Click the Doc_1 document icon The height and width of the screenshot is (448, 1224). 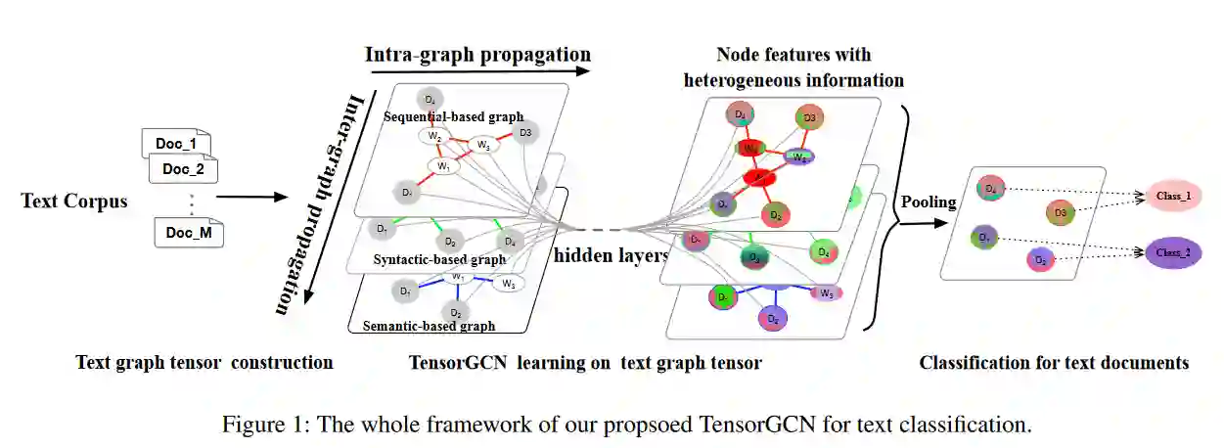click(x=175, y=144)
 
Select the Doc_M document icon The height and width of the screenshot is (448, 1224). click(x=189, y=234)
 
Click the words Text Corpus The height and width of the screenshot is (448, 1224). click(x=74, y=202)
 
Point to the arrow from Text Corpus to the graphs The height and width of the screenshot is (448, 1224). click(x=252, y=198)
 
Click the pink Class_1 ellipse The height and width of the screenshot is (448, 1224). click(x=1173, y=196)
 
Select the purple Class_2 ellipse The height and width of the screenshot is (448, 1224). click(x=1172, y=252)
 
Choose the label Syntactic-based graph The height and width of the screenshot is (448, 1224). click(x=439, y=260)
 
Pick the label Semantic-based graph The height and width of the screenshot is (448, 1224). click(x=429, y=326)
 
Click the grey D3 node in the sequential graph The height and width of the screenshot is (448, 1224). click(x=525, y=133)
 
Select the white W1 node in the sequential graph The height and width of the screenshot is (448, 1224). click(x=443, y=166)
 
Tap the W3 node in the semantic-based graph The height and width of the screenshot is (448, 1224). click(x=507, y=284)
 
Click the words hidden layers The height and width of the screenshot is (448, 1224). click(x=611, y=256)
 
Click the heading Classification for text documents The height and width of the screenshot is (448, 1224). click(x=1054, y=363)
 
